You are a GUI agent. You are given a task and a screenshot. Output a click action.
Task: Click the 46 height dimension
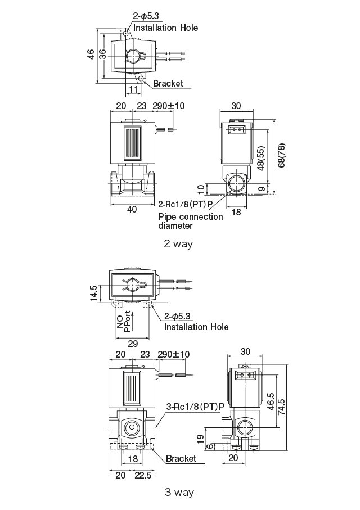tap(91, 55)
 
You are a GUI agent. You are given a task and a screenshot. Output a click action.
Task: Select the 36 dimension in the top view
tap(102, 55)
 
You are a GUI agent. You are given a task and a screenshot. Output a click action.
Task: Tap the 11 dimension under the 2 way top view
tap(133, 89)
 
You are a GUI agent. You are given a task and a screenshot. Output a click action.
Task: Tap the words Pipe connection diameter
tap(190, 221)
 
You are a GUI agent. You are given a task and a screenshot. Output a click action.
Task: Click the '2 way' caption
tap(178, 243)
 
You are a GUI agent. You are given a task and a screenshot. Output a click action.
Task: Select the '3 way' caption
tap(179, 493)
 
